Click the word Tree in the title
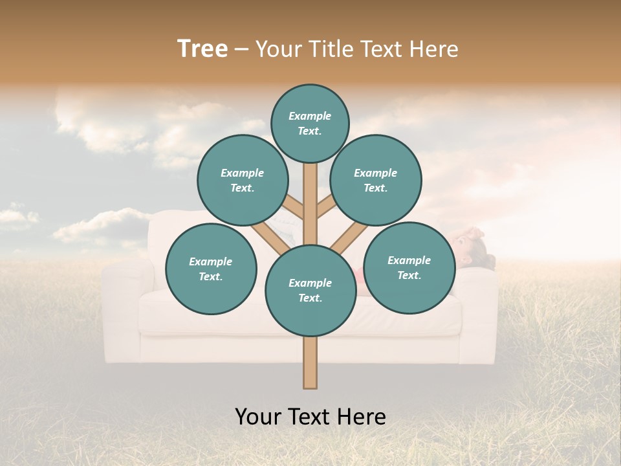coord(202,49)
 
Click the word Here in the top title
coord(434,49)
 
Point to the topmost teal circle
coord(310,123)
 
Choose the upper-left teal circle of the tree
coord(243,180)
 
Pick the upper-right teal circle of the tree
coord(376,180)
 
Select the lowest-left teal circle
coord(211,269)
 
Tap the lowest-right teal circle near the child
coord(409,267)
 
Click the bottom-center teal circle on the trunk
coord(310,290)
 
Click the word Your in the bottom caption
coord(257,417)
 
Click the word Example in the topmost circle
coord(310,116)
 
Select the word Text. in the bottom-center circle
coord(310,298)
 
